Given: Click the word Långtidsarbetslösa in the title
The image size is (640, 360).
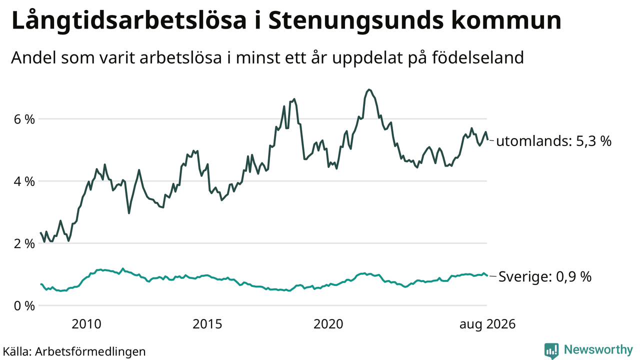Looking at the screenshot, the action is coord(129,21).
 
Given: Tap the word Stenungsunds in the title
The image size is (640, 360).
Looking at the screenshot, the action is coord(356,21).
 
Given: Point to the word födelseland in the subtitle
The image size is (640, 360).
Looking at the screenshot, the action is coord(477,57).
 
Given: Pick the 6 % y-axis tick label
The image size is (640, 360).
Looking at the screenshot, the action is coord(24,119).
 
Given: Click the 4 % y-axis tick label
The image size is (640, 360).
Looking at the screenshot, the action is coord(24,181).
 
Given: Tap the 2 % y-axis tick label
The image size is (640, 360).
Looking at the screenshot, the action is coord(24,243).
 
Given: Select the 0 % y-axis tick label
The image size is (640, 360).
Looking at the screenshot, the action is coord(24,306).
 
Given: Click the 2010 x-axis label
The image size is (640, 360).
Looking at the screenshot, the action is coord(86,324).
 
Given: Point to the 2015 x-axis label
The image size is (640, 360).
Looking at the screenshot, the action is coord(207,324).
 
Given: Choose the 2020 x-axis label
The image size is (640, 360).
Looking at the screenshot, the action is coord(328,324).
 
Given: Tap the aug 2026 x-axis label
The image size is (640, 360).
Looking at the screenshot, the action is coord(487,324).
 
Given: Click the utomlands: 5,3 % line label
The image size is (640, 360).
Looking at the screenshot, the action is coord(553,141).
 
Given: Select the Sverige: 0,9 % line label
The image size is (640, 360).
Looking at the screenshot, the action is coord(545,276).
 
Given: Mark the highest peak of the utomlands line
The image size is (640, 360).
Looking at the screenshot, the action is coord(369,89).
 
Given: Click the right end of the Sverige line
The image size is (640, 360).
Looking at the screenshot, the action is coord(487,275).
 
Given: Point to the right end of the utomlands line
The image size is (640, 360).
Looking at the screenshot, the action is coord(487,139).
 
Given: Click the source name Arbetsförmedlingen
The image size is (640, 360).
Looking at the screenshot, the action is coord(90,351).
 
